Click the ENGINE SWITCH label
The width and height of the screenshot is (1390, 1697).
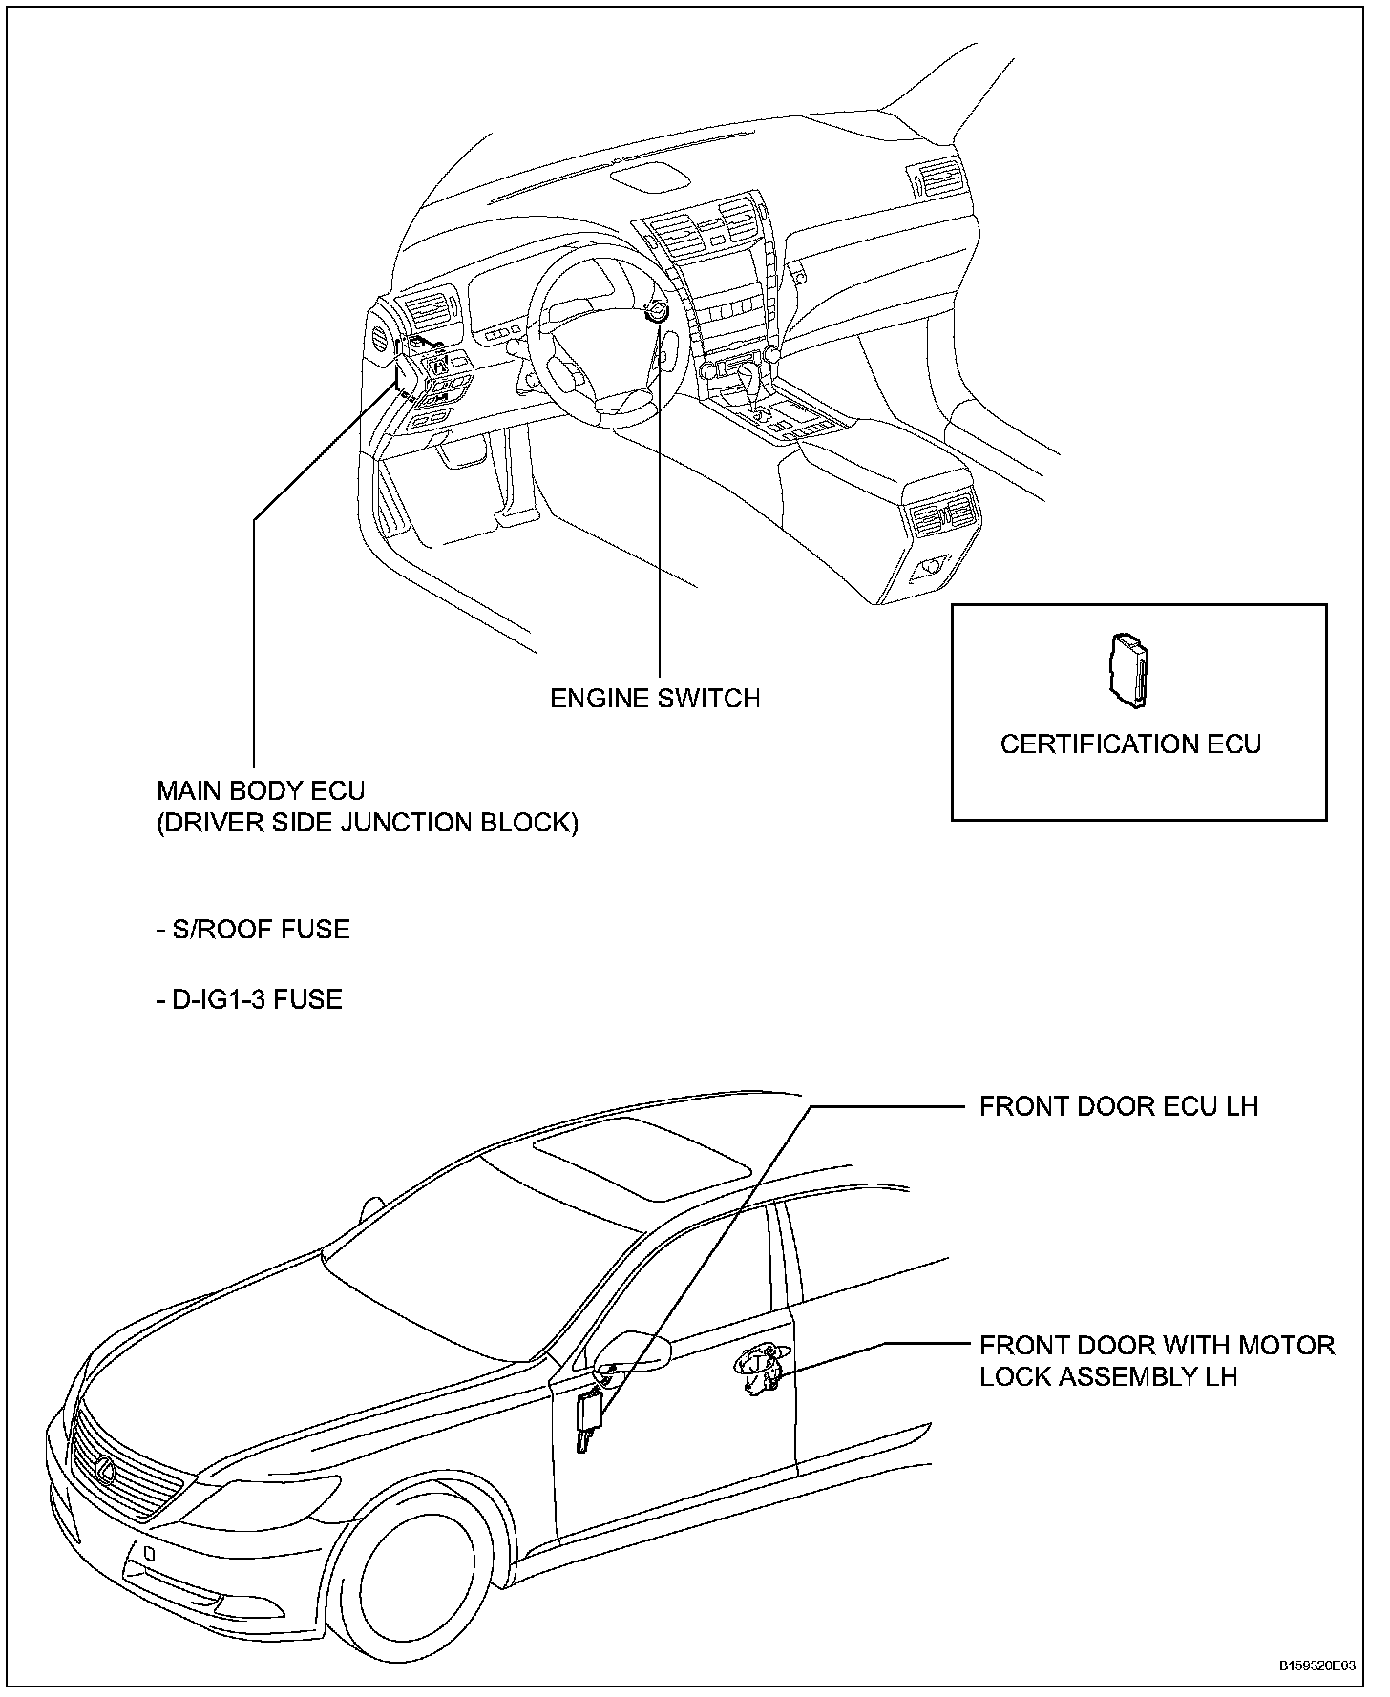click(x=655, y=699)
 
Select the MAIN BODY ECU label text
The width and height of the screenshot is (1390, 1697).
click(x=261, y=791)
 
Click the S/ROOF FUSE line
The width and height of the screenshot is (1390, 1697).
click(x=253, y=930)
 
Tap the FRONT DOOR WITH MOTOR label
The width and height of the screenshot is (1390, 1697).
click(x=1157, y=1346)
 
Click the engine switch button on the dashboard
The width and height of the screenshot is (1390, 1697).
click(x=658, y=312)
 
